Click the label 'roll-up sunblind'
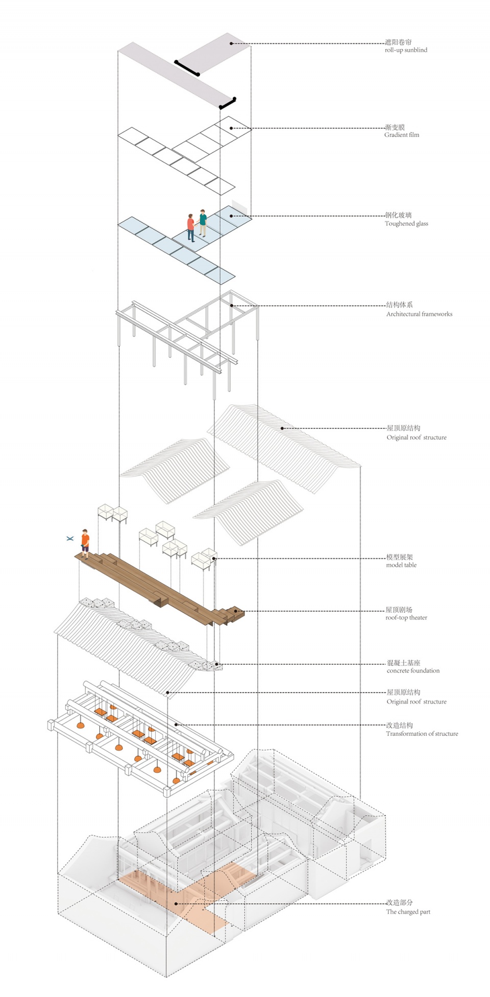pos(406,50)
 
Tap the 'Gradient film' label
pos(402,135)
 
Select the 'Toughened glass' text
pos(406,223)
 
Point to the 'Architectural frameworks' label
pos(419,314)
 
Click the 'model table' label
pos(401,565)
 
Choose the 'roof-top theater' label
pos(406,617)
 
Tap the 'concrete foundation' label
pos(413,670)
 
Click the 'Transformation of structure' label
pos(422,733)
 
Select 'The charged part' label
pos(408,912)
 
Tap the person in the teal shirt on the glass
pos(203,222)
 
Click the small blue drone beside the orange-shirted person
pos(70,538)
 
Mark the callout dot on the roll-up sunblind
pos(231,43)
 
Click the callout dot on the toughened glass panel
pos(231,216)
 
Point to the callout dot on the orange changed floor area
pos(176,903)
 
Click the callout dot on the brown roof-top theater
pos(235,611)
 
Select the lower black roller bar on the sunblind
pos(228,103)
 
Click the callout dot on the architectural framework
pos(232,306)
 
